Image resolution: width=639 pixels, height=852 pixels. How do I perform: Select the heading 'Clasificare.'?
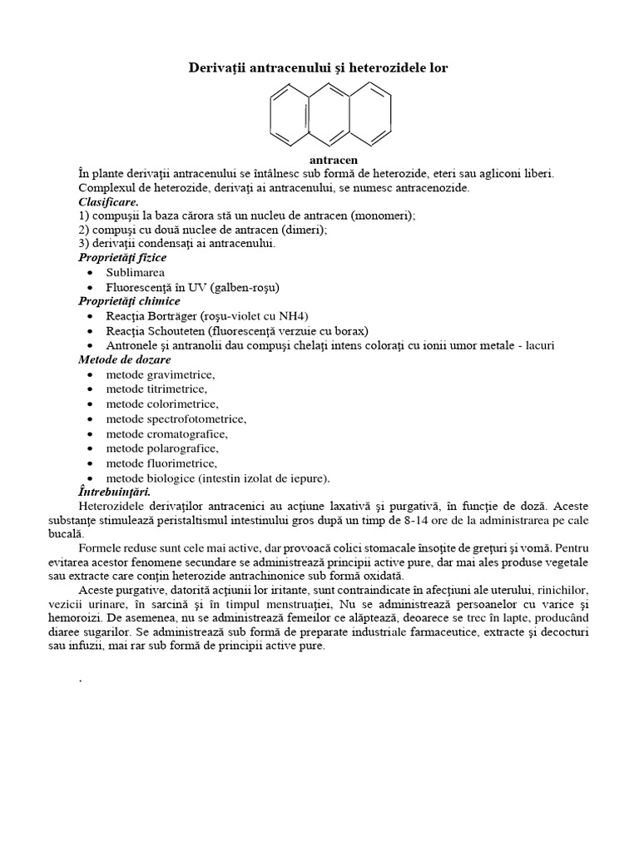click(108, 202)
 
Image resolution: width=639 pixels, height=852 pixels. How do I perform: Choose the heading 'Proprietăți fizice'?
click(122, 258)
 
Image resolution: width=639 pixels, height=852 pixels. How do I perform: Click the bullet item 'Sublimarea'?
click(135, 272)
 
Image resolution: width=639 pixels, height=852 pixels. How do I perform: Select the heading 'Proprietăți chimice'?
click(129, 301)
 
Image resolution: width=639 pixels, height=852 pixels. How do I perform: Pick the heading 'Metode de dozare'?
click(125, 359)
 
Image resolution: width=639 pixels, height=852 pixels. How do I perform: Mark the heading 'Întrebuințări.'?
click(115, 492)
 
